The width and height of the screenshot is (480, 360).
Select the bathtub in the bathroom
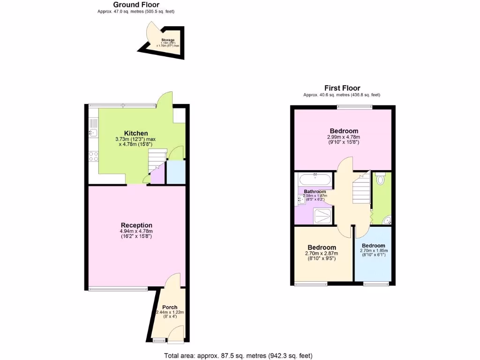(x=315, y=180)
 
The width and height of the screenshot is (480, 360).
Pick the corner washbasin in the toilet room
(x=385, y=220)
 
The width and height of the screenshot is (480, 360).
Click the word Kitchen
(x=136, y=134)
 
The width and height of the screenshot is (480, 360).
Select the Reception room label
(x=136, y=225)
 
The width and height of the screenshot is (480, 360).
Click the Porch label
(x=170, y=307)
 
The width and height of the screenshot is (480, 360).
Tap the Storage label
(x=168, y=40)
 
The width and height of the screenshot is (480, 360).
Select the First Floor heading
(x=342, y=88)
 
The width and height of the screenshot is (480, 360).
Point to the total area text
(x=238, y=355)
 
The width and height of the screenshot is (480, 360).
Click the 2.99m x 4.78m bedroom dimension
(x=344, y=137)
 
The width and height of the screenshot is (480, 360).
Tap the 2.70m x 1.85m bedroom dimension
(x=374, y=251)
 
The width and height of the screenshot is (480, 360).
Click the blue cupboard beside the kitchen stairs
(x=176, y=172)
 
